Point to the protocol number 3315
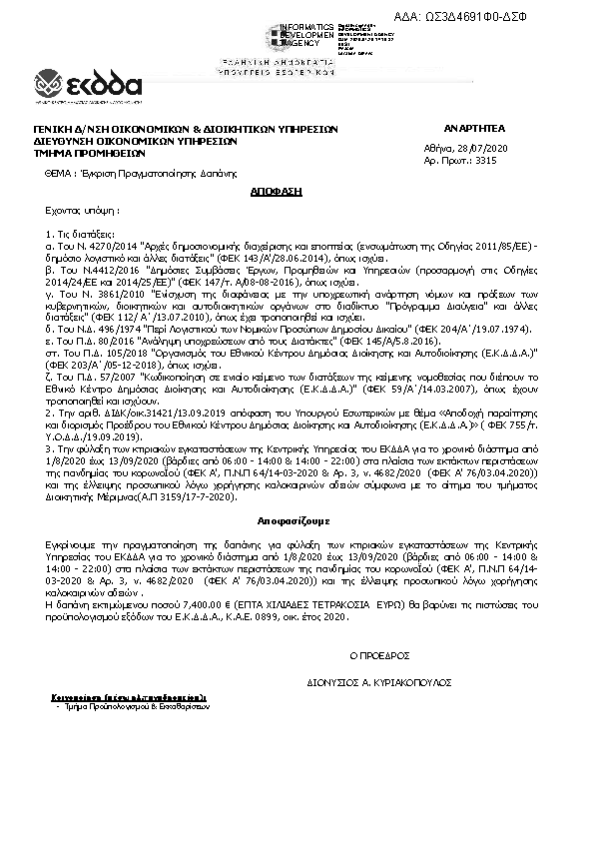point(485,159)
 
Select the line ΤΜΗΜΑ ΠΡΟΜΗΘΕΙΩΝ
point(89,154)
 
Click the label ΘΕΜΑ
point(58,173)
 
